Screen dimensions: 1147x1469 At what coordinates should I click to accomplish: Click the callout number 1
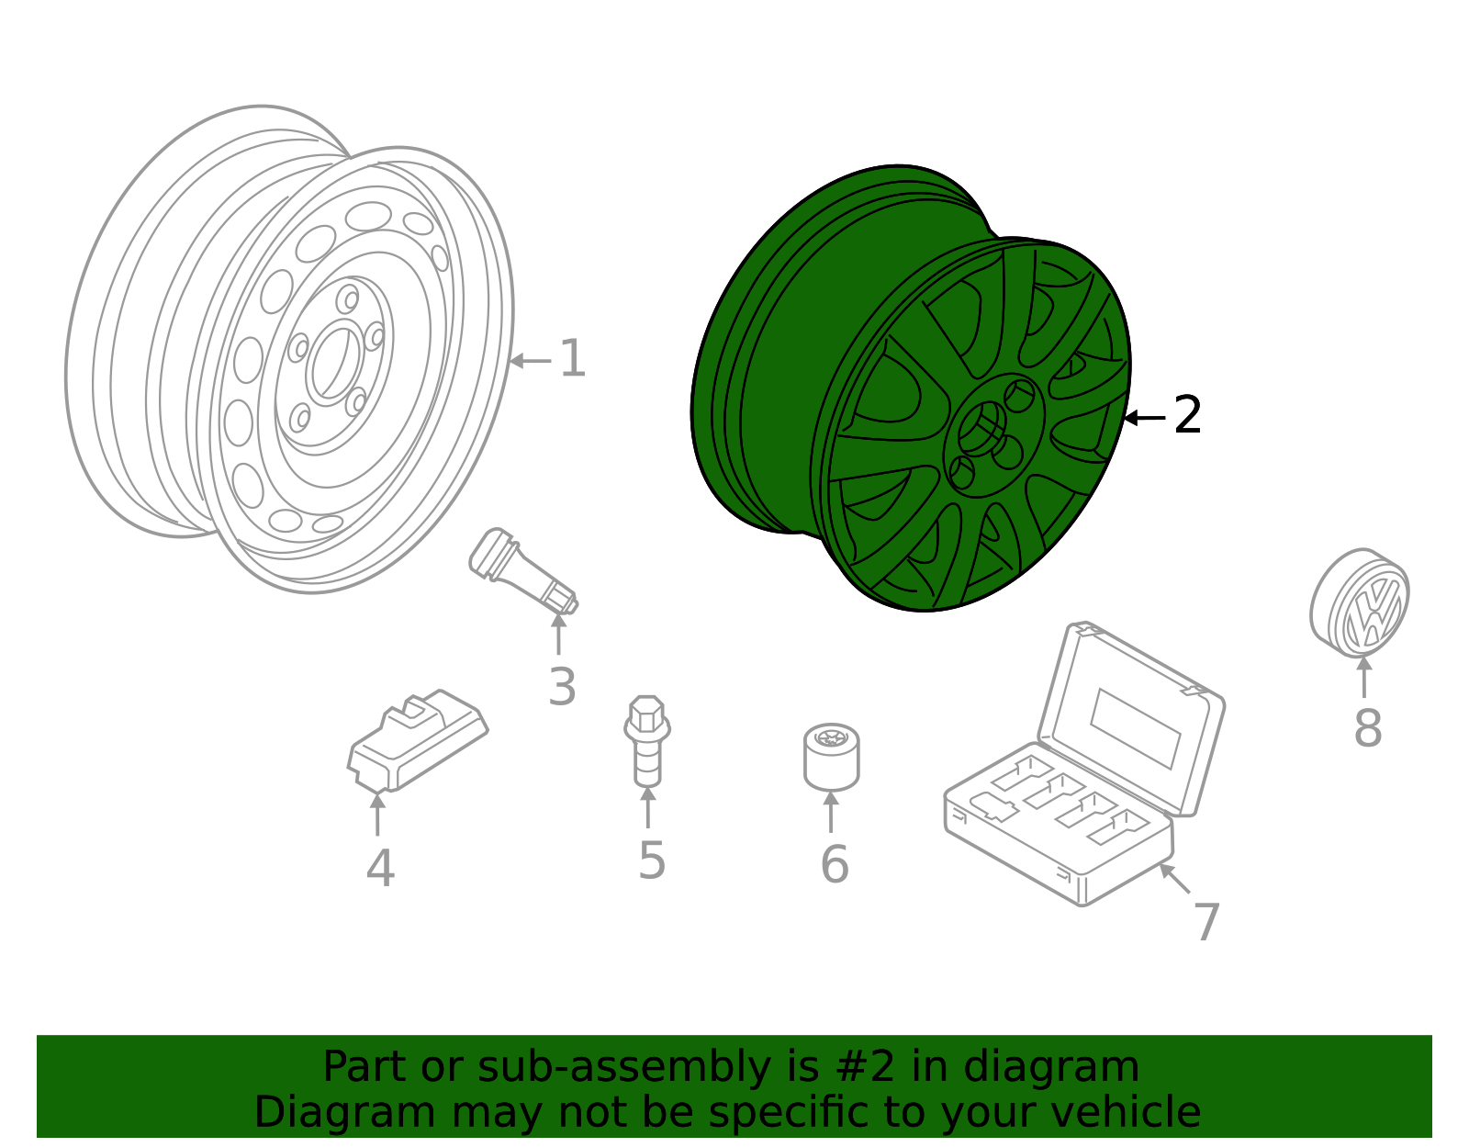tap(572, 359)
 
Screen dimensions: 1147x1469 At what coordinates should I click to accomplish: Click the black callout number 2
tap(1187, 416)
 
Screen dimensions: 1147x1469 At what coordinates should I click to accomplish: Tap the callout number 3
tap(562, 687)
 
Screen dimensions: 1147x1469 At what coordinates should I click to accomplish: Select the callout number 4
tap(380, 869)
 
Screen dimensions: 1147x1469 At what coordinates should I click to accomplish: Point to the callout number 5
tap(651, 861)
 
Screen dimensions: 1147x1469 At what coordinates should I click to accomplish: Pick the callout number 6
tap(834, 865)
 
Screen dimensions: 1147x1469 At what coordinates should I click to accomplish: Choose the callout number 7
tap(1206, 922)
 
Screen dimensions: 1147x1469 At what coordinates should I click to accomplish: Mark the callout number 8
tap(1367, 728)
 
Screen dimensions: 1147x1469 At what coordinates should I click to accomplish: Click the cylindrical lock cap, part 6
tap(832, 758)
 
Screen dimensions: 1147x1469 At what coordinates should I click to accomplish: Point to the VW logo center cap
tap(1361, 603)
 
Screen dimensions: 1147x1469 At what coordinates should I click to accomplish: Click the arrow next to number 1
tap(530, 361)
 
